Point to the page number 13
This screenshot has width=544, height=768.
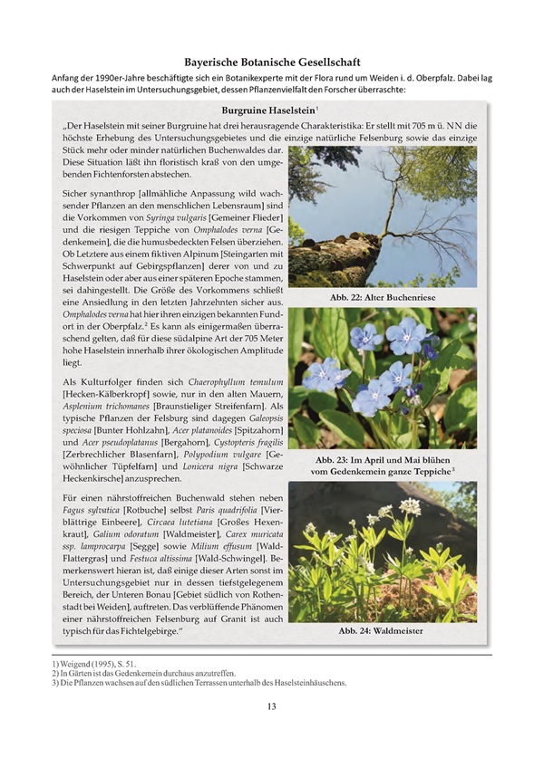click(271, 706)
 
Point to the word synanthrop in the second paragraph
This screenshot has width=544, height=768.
click(114, 194)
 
